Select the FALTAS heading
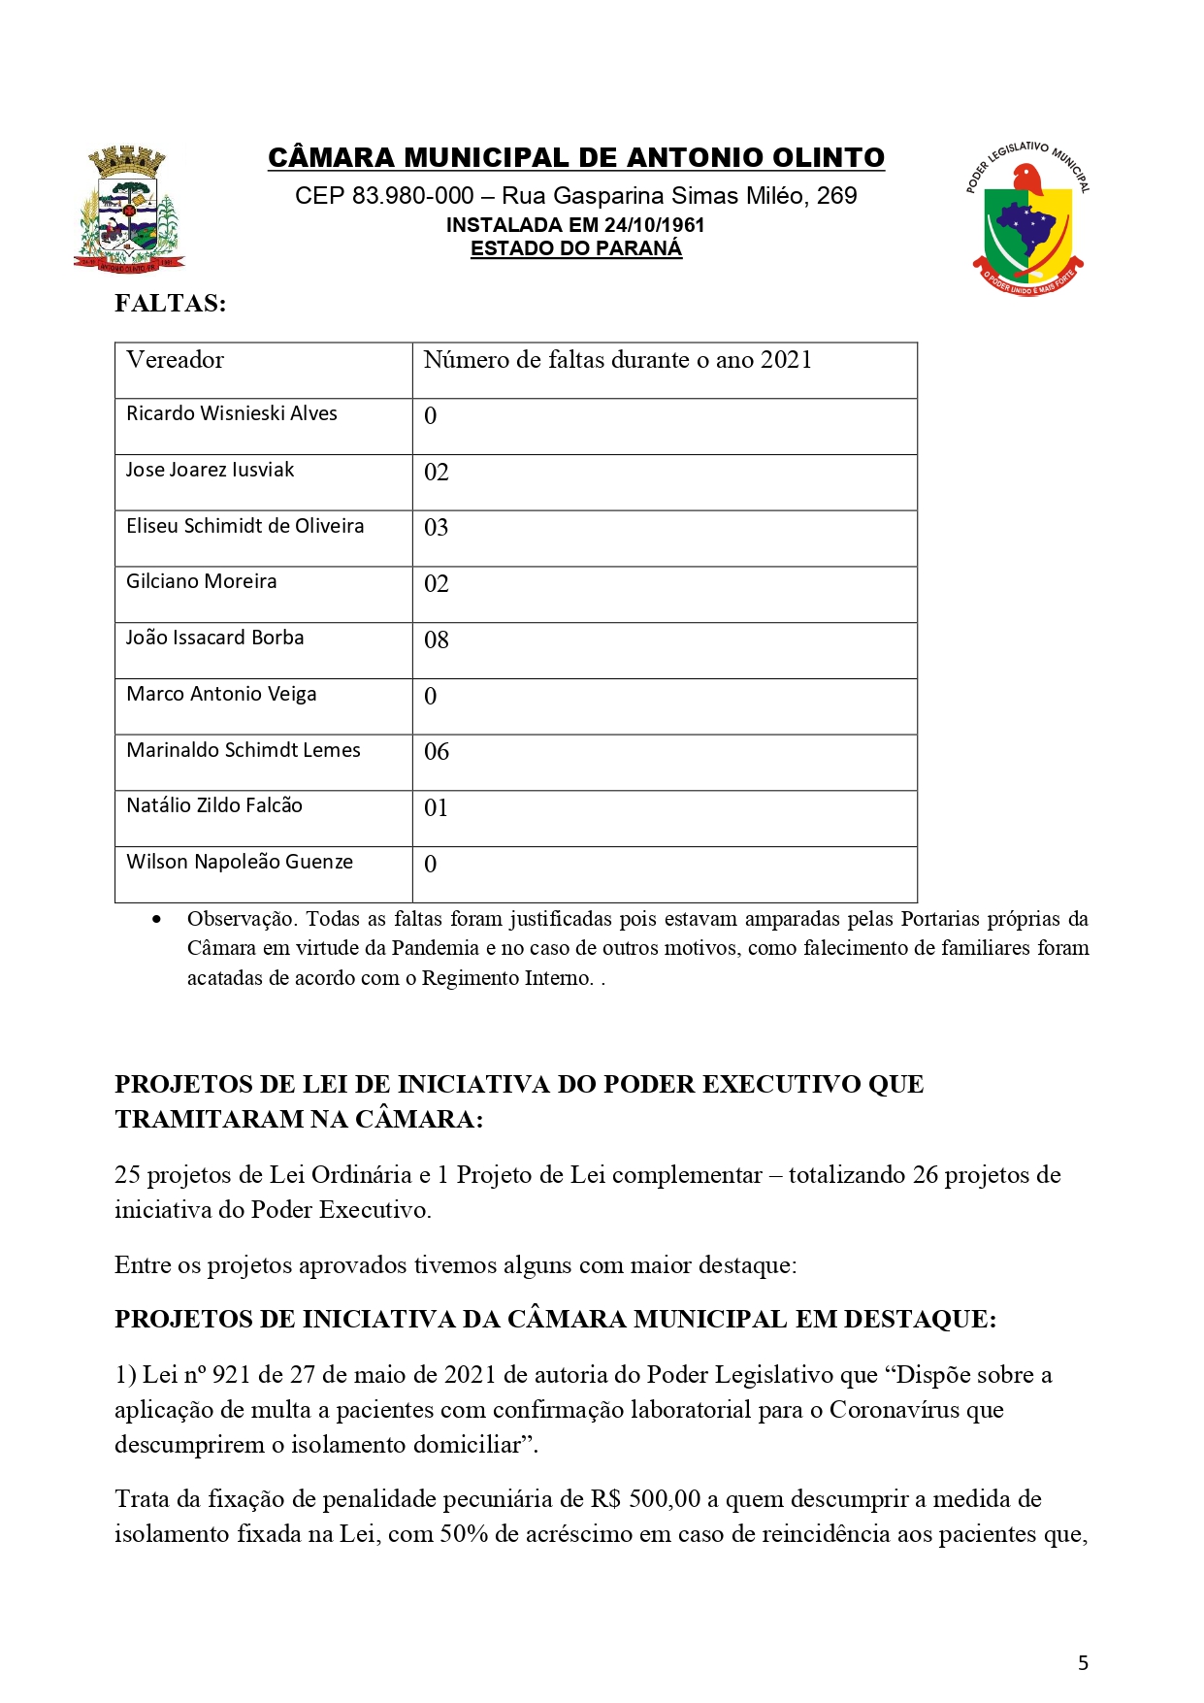pos(170,304)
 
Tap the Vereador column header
pos(176,360)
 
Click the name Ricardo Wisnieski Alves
pos(232,413)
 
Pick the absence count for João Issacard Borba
pos(437,640)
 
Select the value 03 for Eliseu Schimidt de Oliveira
pos(437,528)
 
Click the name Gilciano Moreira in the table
pos(202,581)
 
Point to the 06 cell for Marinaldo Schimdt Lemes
pos(437,752)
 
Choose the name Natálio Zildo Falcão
pos(214,805)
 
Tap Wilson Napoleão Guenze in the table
pos(240,862)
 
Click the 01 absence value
pos(437,808)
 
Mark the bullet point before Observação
pos(157,919)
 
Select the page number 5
pos(1083,1663)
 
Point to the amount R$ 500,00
pos(645,1499)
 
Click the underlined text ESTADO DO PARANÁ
pos(576,248)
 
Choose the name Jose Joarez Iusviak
pos(210,470)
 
